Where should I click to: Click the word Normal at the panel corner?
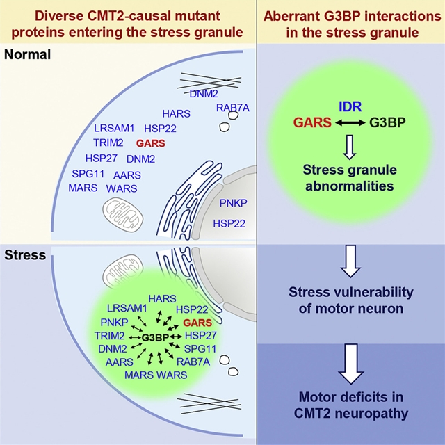[26, 54]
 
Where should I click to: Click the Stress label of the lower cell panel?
[24, 255]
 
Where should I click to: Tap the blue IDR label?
[350, 106]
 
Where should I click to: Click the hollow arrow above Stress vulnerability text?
[350, 261]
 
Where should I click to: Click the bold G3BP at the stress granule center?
[155, 337]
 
